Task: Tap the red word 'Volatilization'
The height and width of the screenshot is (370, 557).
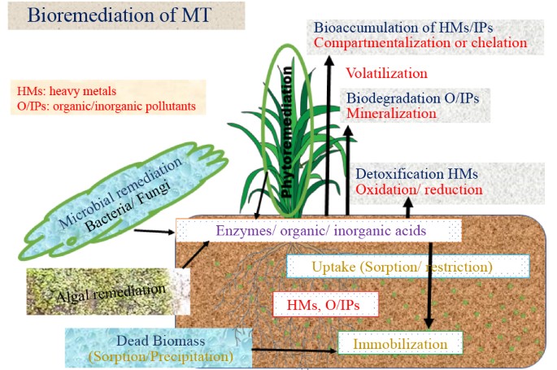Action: coord(386,73)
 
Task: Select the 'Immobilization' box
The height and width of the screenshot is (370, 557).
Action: coord(400,344)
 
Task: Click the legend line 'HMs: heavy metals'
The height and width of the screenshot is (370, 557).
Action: coord(66,92)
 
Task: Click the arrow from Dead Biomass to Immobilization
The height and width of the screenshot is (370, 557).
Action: coord(293,351)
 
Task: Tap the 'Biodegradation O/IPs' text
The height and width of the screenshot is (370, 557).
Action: coord(413,98)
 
